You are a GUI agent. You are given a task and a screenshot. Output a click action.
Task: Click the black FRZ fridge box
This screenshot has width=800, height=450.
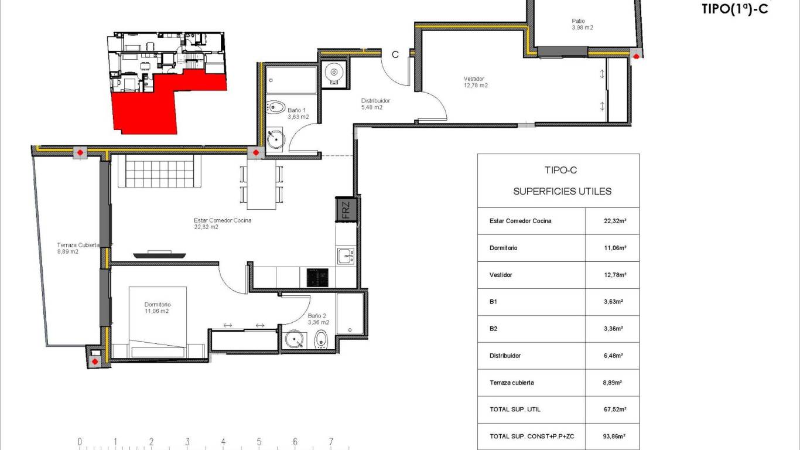pyautogui.click(x=346, y=210)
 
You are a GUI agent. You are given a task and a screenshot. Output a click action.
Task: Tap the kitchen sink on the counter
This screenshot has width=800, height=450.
pyautogui.click(x=346, y=255)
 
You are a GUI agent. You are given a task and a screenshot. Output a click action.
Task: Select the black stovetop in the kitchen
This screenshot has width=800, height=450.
pyautogui.click(x=318, y=277)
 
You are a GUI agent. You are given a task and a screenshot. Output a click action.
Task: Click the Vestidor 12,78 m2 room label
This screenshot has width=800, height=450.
pyautogui.click(x=475, y=82)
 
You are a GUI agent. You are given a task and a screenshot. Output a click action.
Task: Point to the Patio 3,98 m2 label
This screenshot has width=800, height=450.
pyautogui.click(x=582, y=24)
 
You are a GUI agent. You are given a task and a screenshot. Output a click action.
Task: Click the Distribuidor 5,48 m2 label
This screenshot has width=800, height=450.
pyautogui.click(x=375, y=104)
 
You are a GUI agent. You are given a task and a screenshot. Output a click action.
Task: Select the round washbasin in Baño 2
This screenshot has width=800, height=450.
pyautogui.click(x=293, y=339)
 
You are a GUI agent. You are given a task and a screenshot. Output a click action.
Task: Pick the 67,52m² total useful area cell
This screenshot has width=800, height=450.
pyautogui.click(x=612, y=410)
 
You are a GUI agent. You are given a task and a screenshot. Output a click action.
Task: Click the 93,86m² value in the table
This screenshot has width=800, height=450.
pyautogui.click(x=612, y=437)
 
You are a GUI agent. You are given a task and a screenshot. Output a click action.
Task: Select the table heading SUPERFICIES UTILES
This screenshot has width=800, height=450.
pyautogui.click(x=562, y=191)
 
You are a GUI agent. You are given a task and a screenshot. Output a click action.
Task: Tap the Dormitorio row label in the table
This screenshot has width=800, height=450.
pyautogui.click(x=503, y=248)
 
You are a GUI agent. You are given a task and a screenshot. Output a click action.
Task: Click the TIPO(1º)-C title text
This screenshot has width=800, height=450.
pyautogui.click(x=734, y=9)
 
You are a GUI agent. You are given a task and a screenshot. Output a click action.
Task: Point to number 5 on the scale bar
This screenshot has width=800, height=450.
pyautogui.click(x=259, y=442)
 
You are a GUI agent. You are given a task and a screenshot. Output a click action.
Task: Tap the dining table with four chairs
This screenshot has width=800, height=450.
pyautogui.click(x=261, y=184)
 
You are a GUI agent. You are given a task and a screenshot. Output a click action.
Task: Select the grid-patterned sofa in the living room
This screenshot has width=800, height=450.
pyautogui.click(x=160, y=171)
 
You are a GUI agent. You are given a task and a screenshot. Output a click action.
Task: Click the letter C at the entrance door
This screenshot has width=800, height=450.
pyautogui.click(x=395, y=54)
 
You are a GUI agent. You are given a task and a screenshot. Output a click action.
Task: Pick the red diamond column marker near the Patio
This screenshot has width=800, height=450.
pyautogui.click(x=635, y=56)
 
